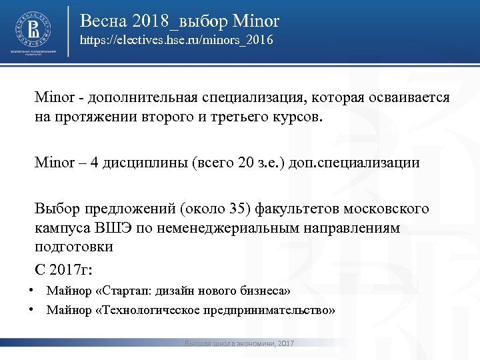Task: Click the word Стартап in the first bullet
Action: point(125,291)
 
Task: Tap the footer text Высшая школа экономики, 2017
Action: point(239,343)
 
